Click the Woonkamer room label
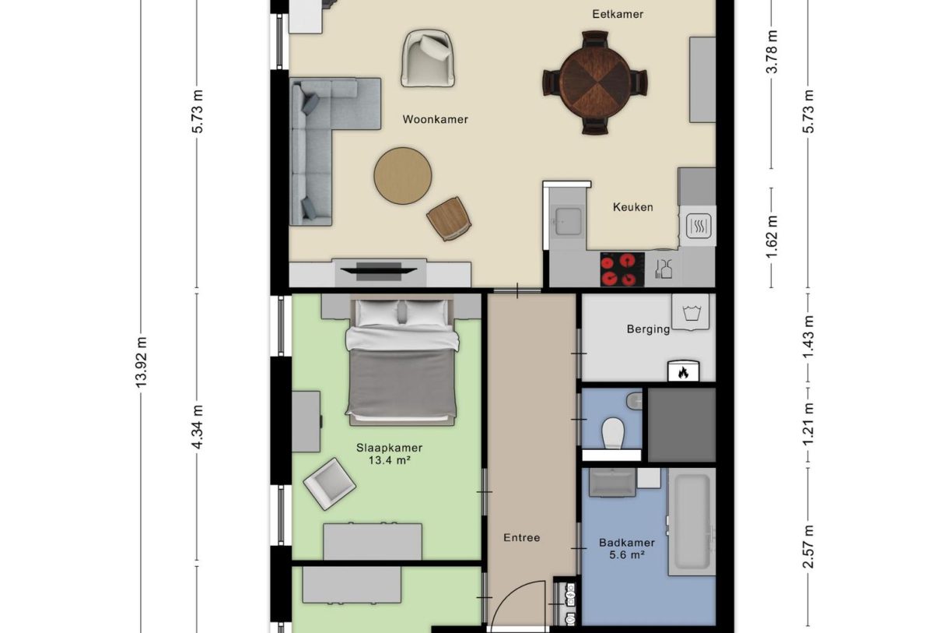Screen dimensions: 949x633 (435, 120)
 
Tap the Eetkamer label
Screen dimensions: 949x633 (618, 15)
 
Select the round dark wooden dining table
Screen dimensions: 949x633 (595, 83)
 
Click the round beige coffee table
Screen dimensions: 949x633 (402, 175)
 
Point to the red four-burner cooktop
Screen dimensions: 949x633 (622, 269)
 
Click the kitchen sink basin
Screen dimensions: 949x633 (568, 221)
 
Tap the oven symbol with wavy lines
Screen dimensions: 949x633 (699, 226)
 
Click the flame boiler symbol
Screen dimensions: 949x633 (683, 371)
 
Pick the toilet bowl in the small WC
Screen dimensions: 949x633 (613, 433)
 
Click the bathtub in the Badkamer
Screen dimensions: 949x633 (692, 522)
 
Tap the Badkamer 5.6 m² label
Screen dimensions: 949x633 (627, 549)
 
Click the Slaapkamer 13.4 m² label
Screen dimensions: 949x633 (389, 454)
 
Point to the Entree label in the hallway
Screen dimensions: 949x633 (521, 537)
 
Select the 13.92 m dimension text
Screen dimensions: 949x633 (141, 362)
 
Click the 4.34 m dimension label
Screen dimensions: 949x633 (198, 427)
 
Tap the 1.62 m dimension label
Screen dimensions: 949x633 (772, 237)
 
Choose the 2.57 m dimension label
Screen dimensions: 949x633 (808, 547)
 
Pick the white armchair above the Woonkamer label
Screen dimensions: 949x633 (428, 58)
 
